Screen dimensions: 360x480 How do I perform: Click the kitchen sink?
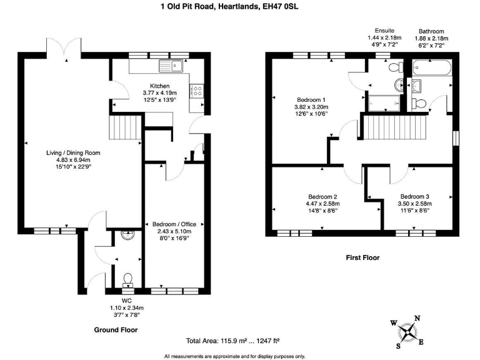pos(169,64)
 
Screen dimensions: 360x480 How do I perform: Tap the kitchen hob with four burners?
pos(197,91)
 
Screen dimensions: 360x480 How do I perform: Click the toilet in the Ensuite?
pos(394,67)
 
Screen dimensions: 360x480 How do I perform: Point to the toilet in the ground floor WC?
pos(127,279)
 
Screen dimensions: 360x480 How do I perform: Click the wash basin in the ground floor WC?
pos(127,236)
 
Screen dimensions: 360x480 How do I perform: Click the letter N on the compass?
pos(417,318)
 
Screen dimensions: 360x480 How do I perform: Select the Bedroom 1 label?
pos(310,99)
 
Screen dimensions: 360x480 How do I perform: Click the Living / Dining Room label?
pos(73,152)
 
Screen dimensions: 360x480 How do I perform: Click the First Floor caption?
pos(362,257)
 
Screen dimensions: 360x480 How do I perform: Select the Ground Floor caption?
pos(116,329)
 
